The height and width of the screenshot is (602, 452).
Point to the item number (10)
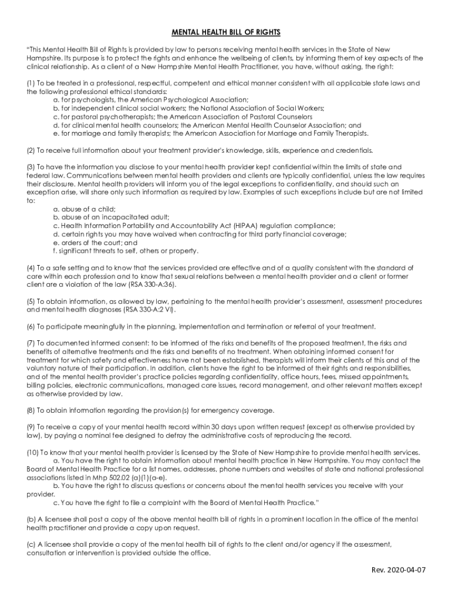pyautogui.click(x=33, y=451)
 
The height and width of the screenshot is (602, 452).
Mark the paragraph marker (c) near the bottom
pyautogui.click(x=31, y=544)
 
